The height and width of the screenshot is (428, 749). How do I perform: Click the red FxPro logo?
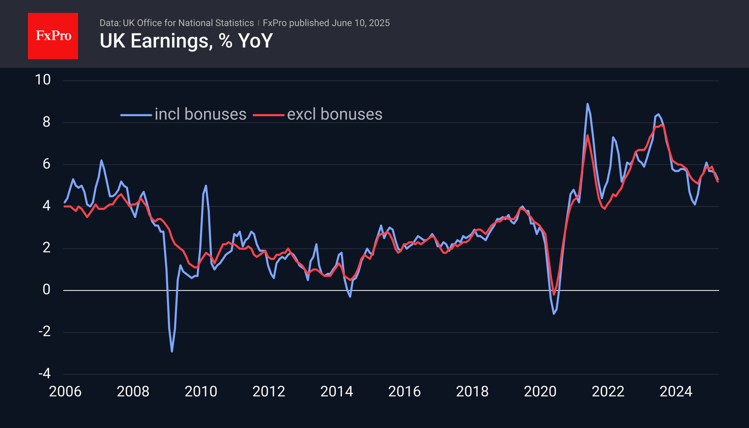point(53,36)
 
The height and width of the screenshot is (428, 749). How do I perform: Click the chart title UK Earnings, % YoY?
point(186,41)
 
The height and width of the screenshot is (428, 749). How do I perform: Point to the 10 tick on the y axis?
point(43,80)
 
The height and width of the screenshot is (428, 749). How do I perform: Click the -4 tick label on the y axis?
point(44,374)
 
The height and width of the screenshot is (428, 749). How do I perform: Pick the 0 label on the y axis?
point(46,290)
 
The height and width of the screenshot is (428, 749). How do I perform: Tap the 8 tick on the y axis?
point(46,122)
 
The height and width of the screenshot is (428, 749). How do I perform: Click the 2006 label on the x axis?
point(65,391)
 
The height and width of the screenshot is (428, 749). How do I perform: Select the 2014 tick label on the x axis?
point(337,391)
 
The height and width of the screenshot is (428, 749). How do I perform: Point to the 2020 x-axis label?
point(540,391)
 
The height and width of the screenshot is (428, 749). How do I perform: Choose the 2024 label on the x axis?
point(676,391)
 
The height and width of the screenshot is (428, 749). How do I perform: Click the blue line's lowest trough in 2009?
point(172,351)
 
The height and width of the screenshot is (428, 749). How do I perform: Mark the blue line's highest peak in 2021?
point(588,104)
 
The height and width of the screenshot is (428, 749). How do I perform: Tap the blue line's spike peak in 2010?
point(206,186)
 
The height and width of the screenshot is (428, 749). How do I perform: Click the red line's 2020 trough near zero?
point(554,294)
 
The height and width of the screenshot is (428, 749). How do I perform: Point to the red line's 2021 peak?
point(588,135)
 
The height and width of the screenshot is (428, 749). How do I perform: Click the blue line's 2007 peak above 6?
point(101,160)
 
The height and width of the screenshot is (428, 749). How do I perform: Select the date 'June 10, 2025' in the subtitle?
point(361,23)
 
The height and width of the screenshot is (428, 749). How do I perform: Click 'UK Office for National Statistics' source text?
point(188,23)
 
